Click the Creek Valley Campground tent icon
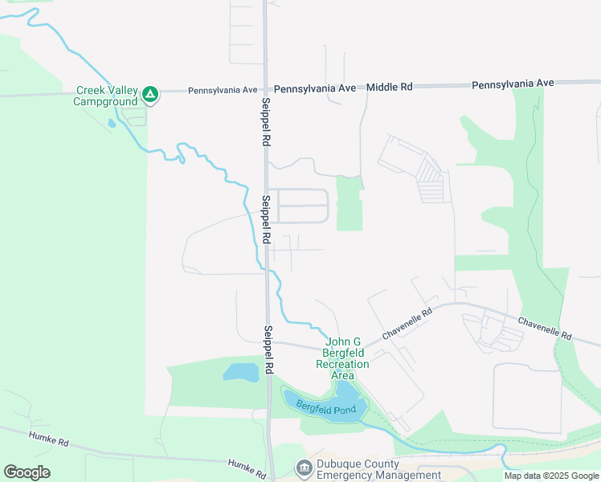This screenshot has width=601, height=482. (149, 96)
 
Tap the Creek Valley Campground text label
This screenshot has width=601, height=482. (106, 96)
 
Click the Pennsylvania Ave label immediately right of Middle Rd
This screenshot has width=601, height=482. (513, 84)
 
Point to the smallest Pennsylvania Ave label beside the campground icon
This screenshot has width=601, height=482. (223, 91)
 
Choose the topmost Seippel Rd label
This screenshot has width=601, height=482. (265, 121)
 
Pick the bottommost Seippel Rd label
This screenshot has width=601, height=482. (269, 349)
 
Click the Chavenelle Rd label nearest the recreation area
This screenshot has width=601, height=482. (407, 323)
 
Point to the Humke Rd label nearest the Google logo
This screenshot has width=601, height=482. (49, 438)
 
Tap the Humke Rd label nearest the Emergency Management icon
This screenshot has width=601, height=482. (247, 467)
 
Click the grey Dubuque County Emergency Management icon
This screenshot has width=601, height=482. (304, 468)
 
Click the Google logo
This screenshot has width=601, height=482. (27, 472)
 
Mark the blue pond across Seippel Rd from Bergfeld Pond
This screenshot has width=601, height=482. (241, 372)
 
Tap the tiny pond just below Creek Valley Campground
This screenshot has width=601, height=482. (112, 124)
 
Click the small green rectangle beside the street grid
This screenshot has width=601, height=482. (349, 202)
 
